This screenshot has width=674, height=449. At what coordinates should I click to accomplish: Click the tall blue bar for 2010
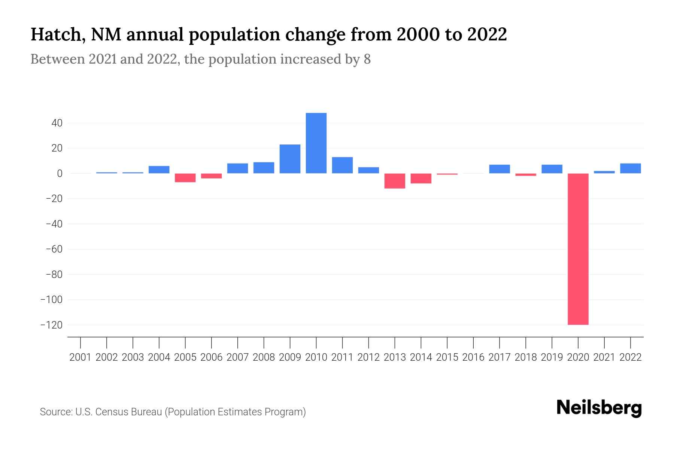[x=316, y=143]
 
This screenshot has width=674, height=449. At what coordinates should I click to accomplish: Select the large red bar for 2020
[x=578, y=249]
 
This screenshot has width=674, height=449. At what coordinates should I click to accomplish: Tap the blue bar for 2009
[x=290, y=159]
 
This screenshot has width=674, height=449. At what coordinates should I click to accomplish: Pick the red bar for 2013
[x=395, y=181]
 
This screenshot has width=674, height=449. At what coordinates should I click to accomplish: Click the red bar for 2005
[x=185, y=178]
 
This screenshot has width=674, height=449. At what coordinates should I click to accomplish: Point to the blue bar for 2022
[x=630, y=168]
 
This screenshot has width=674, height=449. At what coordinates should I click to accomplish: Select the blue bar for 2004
[x=159, y=169]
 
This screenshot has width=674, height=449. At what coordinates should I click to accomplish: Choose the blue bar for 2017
[x=499, y=169]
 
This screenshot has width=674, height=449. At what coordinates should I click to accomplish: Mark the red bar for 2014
[x=421, y=178]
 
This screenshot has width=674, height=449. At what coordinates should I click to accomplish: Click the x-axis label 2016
[x=473, y=357]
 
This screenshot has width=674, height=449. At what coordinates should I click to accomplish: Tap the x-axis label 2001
[x=81, y=357]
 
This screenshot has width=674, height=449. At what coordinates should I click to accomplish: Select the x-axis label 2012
[x=368, y=357]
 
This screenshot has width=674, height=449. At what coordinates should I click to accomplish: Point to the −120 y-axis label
[x=51, y=325]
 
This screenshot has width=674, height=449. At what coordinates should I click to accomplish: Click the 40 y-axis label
[x=57, y=123]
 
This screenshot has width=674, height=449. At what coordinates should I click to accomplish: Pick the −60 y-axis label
[x=54, y=249]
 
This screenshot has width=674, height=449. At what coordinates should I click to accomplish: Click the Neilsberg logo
[x=599, y=408]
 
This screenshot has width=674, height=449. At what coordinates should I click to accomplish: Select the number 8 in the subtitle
[x=367, y=59]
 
